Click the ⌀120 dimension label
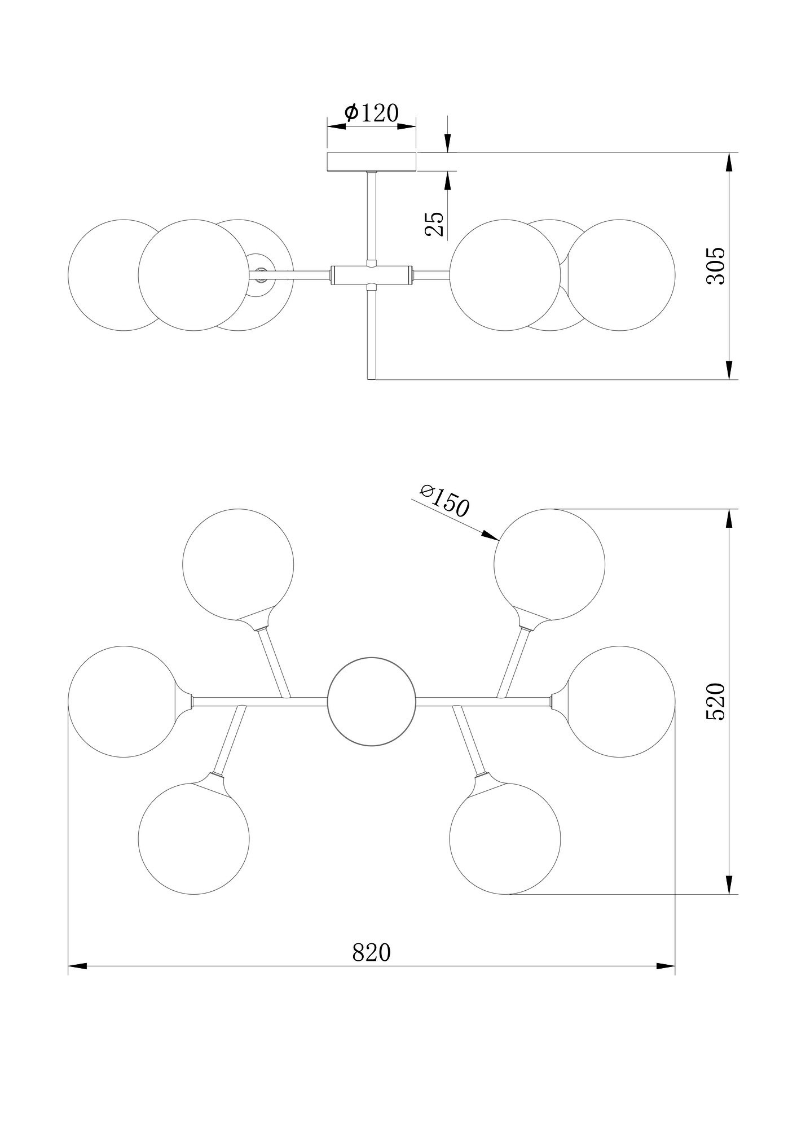[371, 113]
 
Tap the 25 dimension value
[434, 224]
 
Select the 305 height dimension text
[716, 265]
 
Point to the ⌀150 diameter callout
[444, 500]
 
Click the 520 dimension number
[716, 701]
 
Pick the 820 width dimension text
[371, 952]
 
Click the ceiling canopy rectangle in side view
[371, 161]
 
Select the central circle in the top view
[371, 701]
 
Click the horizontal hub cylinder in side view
[371, 274]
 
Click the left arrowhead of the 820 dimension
[77, 966]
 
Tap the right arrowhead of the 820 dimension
[666, 966]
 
